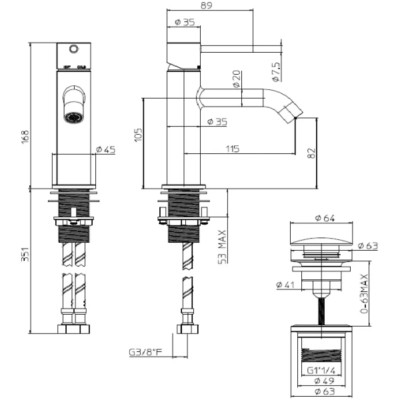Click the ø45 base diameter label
105,149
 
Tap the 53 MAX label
222,246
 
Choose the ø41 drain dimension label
285,285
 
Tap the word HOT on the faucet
66,67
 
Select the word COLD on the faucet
82,67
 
